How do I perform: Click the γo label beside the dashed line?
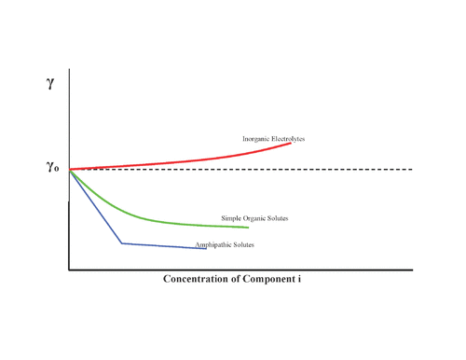(x=52, y=168)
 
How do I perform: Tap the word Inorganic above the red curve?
(x=257, y=139)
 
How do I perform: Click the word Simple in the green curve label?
(x=231, y=218)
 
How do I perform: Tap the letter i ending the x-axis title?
(x=311, y=279)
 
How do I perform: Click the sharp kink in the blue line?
(x=121, y=243)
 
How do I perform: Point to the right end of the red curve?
(x=291, y=143)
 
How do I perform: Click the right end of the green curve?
(x=248, y=228)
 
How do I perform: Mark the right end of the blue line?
(x=206, y=248)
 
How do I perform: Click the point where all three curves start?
(x=70, y=170)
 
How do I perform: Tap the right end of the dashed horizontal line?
(x=412, y=169)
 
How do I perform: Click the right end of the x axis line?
(x=412, y=270)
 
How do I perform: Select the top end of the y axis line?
(x=69, y=71)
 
